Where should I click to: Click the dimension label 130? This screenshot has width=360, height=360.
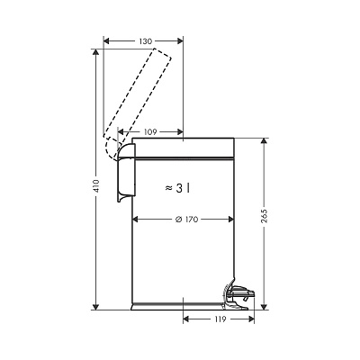click(x=146, y=41)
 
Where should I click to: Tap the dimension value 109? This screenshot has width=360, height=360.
click(x=150, y=131)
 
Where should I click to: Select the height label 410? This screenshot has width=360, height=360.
click(x=96, y=186)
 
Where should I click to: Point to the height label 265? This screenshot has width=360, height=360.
click(x=264, y=215)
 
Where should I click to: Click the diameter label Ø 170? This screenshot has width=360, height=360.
click(x=186, y=220)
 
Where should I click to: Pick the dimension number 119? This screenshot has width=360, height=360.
click(x=220, y=319)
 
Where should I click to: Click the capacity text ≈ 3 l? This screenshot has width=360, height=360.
click(x=178, y=188)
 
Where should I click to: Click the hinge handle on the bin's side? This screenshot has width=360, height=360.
click(x=126, y=173)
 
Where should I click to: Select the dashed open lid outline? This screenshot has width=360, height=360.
click(x=138, y=103)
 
